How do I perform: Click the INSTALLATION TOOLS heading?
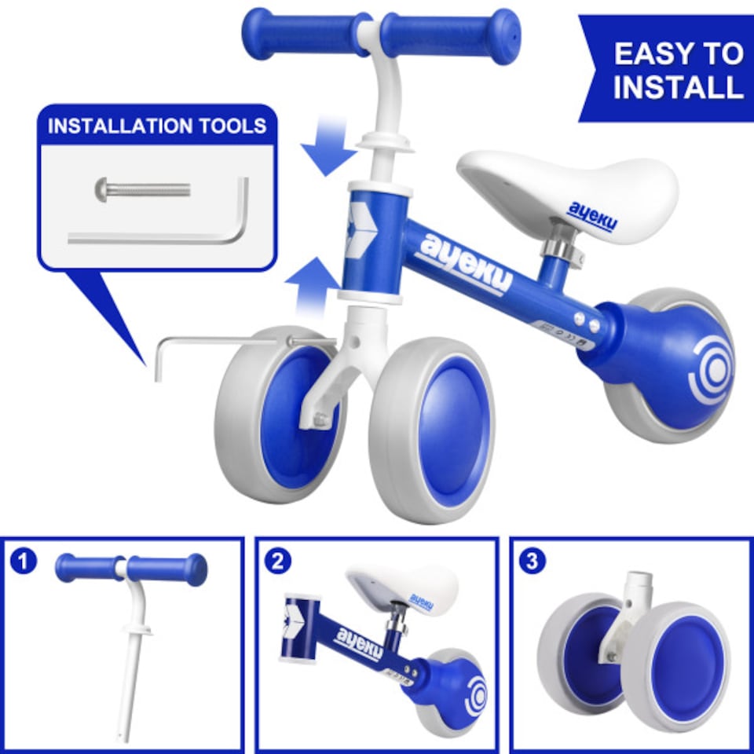tap(157, 126)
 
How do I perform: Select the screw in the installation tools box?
tap(143, 189)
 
